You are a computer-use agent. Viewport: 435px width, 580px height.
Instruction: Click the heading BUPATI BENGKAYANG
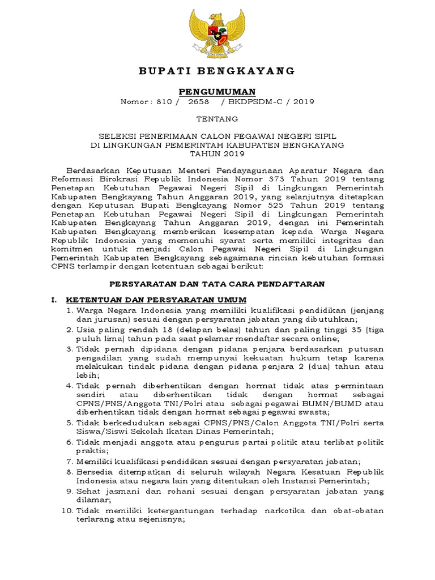[217, 71]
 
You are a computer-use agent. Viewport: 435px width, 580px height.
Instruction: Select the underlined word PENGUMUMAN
[217, 91]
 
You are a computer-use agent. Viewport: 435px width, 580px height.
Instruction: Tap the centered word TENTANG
[217, 119]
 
